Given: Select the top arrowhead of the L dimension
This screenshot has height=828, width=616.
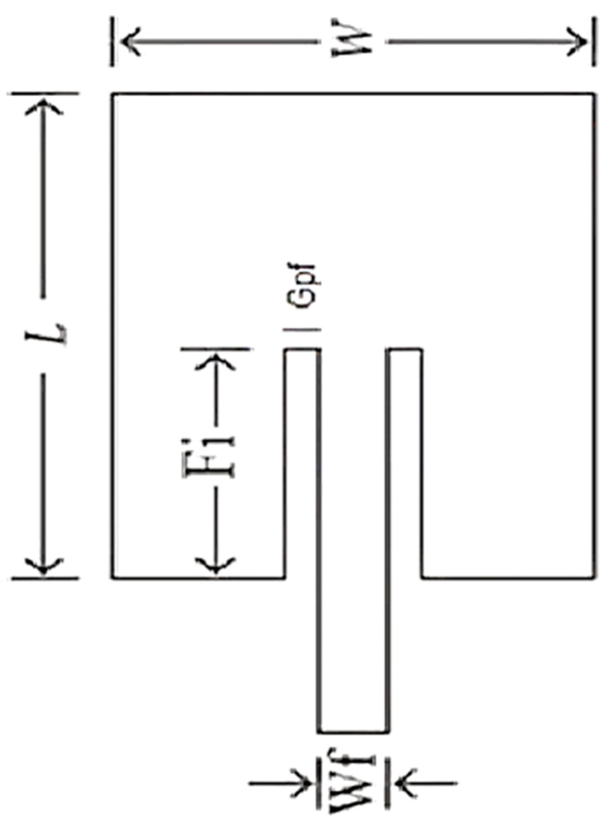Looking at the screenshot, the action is pos(43,107).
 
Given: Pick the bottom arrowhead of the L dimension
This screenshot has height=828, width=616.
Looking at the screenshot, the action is pos(43,566).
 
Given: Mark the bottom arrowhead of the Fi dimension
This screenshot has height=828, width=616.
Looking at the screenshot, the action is pos(215,565).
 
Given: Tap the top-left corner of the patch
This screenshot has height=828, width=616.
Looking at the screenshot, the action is pos(113,94).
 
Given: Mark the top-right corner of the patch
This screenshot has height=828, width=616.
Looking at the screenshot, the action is pos(594,94).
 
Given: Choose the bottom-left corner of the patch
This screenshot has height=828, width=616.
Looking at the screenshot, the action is pos(113,578).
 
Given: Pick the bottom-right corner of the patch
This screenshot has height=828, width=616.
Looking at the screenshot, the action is pos(594,578).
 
